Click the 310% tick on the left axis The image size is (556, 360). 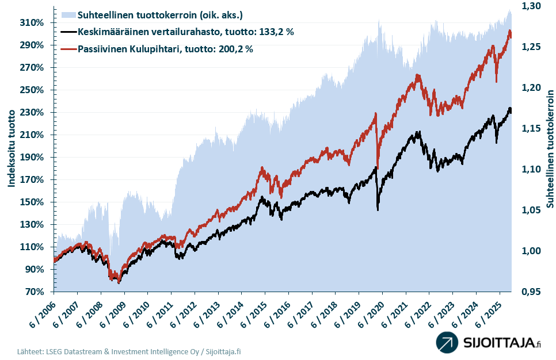pos(32,22)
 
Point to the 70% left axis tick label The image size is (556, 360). pos(35,292)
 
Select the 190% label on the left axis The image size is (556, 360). pos(32,157)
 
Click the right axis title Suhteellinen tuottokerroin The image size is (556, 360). pos(550,148)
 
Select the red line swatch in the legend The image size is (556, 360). pos(68,49)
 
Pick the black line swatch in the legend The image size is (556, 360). pos(68,32)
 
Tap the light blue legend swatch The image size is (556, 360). pos(68,14)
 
